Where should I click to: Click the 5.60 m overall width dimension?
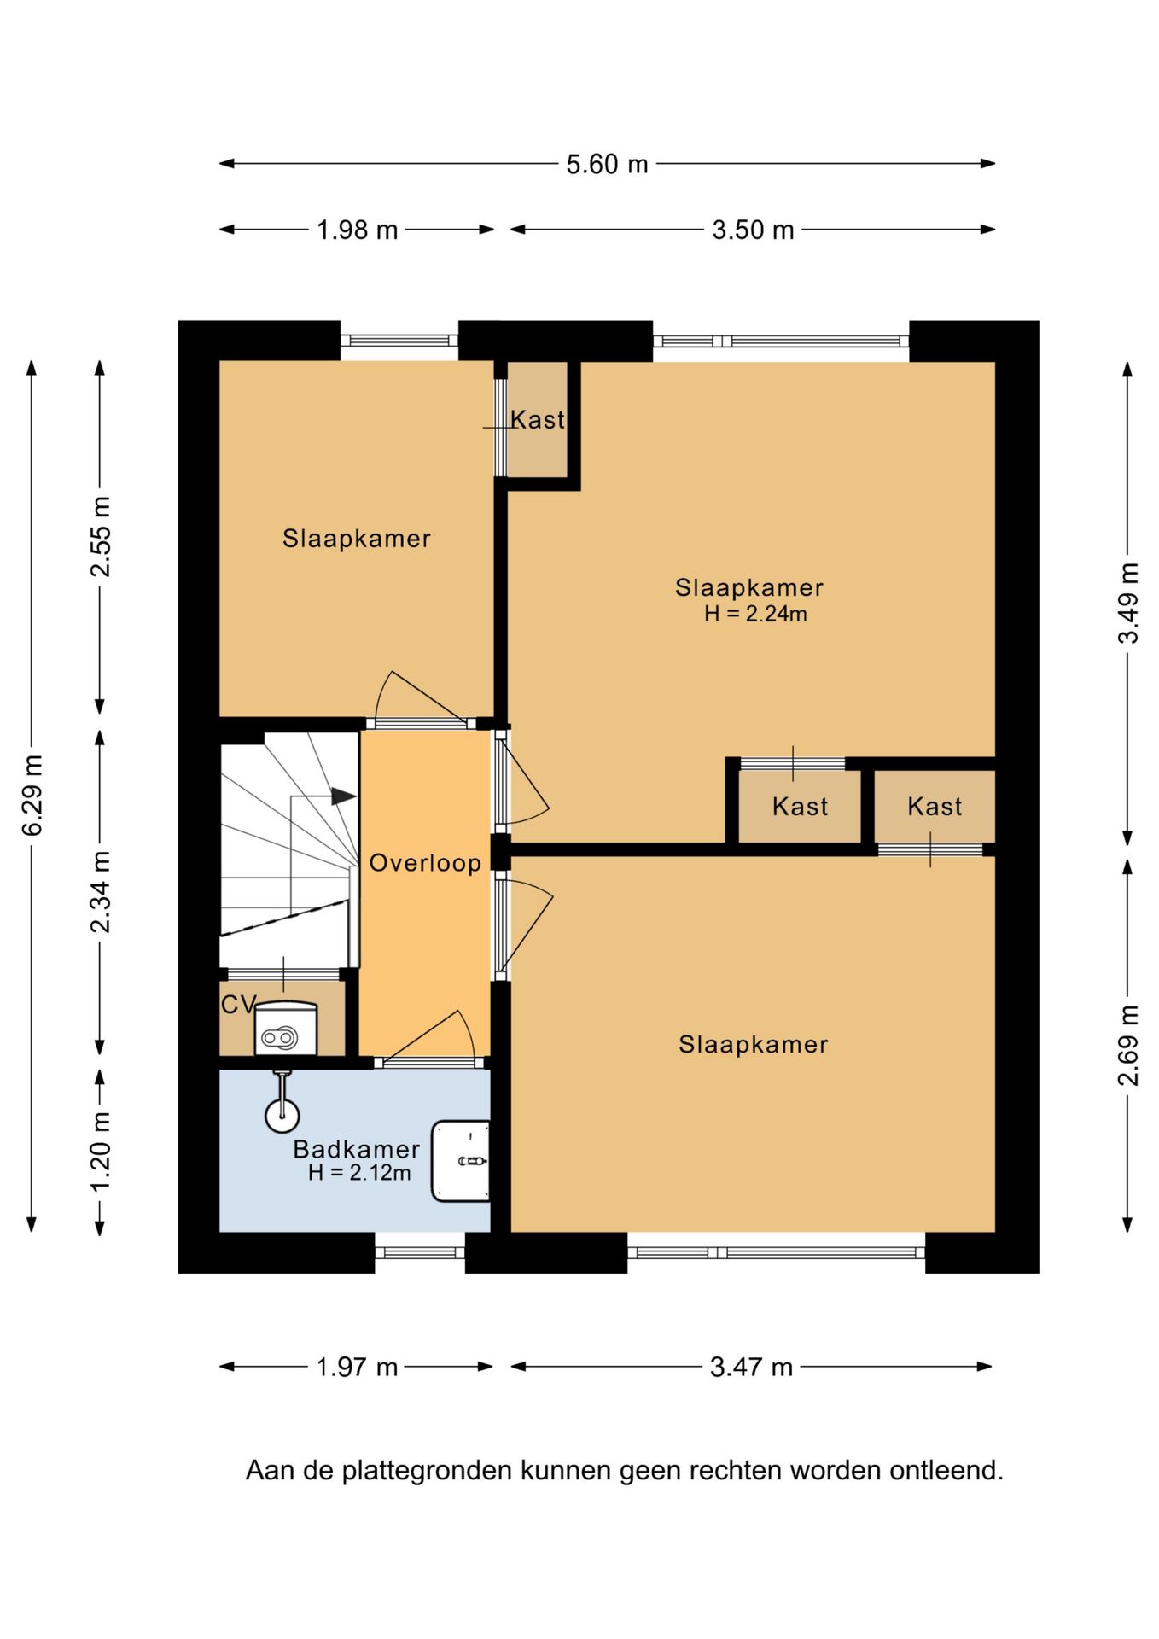click(607, 164)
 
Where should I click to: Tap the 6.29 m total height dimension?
click(32, 795)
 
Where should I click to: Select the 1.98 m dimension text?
click(358, 230)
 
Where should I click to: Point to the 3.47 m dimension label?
click(751, 1367)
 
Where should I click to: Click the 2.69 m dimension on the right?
click(1128, 1045)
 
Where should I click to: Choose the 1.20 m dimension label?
click(101, 1152)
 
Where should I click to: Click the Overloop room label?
click(425, 862)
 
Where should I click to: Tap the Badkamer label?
click(357, 1149)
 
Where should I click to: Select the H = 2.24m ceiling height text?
click(755, 614)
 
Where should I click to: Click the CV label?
click(238, 1005)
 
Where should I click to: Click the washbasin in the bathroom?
click(461, 1161)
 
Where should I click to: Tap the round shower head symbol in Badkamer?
click(282, 1115)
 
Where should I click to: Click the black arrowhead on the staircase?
click(344, 796)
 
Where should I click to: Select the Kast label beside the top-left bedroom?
click(538, 419)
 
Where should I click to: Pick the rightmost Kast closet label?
click(935, 807)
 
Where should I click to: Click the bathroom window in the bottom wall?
click(420, 1253)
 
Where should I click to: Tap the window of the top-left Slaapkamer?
click(399, 341)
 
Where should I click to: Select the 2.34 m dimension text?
click(101, 892)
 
